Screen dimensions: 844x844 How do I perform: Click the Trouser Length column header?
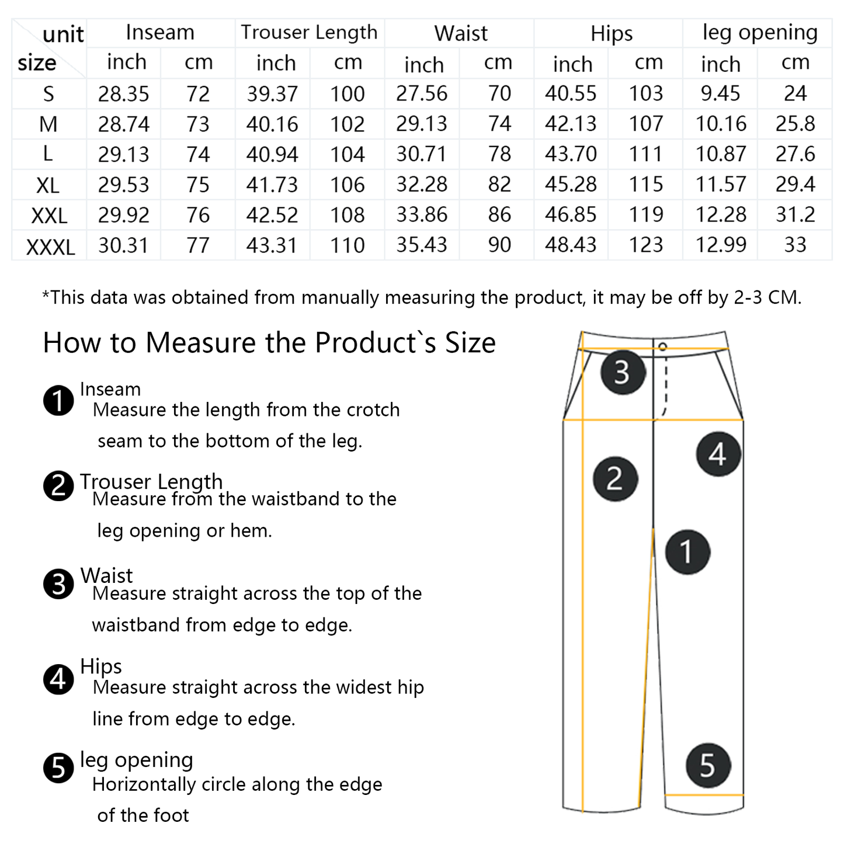pos(309,33)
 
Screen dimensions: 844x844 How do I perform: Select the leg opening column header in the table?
pos(759,33)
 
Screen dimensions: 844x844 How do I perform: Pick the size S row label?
pos(48,94)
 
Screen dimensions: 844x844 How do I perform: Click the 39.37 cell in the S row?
pos(272,94)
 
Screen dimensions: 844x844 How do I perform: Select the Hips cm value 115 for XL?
pos(645,185)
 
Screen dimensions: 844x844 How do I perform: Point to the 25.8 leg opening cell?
pos(795,124)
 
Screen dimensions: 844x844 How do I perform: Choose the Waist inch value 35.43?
pos(422,245)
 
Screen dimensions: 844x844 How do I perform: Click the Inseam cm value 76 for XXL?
pos(198,216)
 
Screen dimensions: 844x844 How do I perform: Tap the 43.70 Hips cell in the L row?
pos(571,154)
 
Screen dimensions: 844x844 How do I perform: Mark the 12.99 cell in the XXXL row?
pos(720,245)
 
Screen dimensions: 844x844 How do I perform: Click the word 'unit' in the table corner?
pos(63,35)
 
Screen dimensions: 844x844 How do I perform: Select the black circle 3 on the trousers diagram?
pos(623,372)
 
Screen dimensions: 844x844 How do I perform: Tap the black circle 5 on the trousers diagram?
pos(707,765)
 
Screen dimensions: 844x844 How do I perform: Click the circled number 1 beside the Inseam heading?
pos(58,401)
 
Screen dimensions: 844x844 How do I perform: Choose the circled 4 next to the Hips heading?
pos(58,679)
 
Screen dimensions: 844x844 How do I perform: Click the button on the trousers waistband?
pos(662,347)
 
